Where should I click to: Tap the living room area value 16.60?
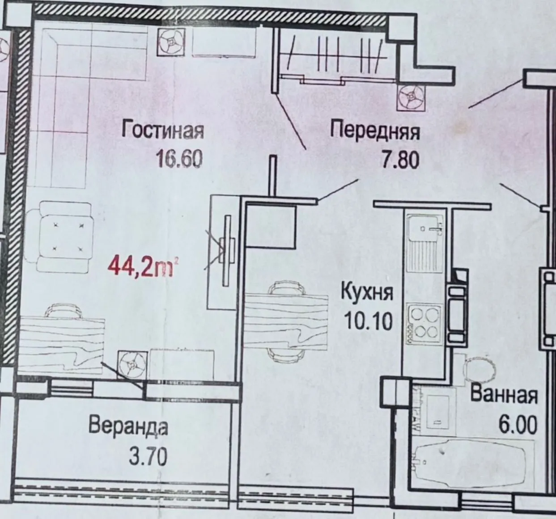point(179,159)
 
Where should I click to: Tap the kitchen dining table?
point(285,322)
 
